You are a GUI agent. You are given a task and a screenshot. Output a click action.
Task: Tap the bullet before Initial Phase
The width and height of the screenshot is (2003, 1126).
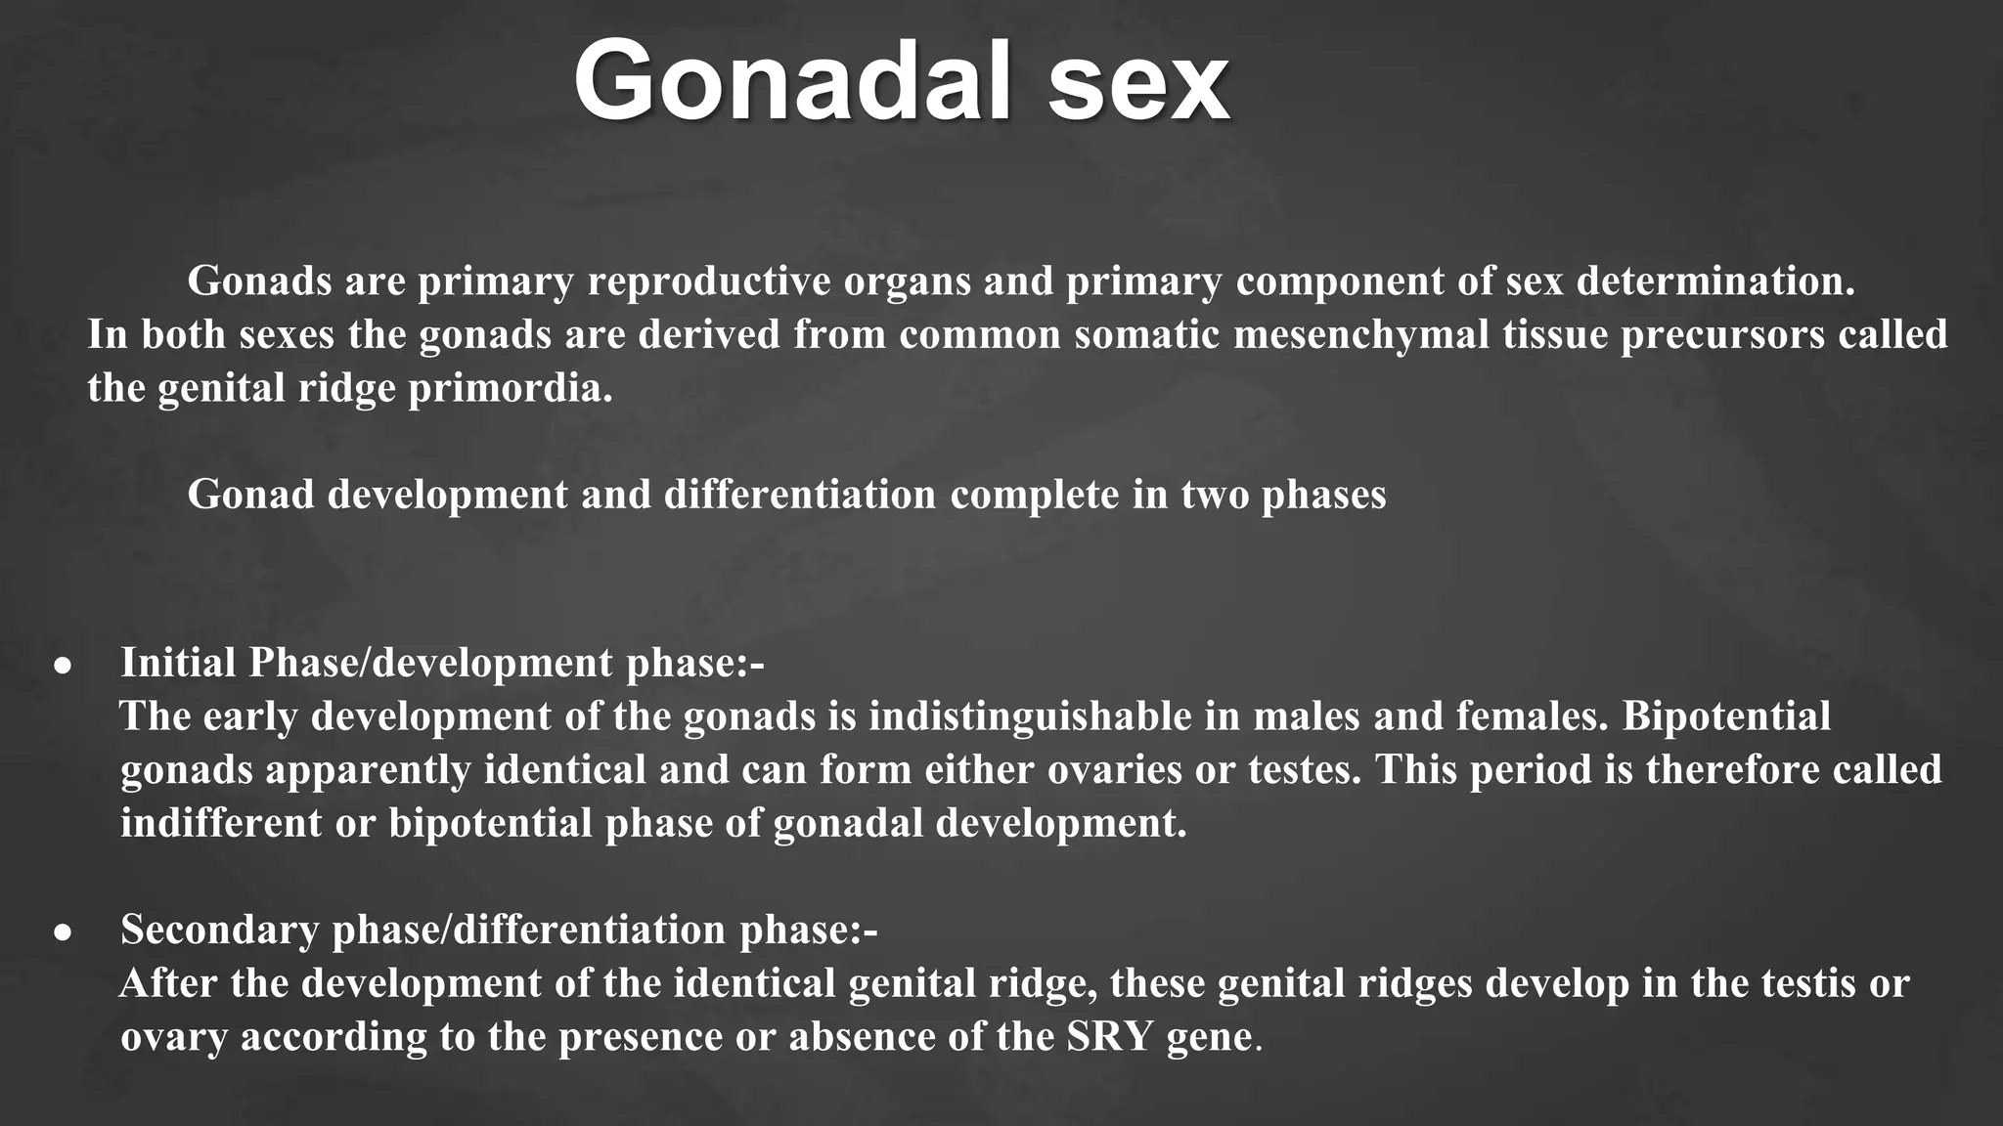pyautogui.click(x=64, y=667)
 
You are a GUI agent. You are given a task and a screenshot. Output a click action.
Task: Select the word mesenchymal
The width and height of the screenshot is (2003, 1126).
pyautogui.click(x=1360, y=335)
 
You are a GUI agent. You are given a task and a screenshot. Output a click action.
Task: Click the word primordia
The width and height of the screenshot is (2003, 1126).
pyautogui.click(x=510, y=389)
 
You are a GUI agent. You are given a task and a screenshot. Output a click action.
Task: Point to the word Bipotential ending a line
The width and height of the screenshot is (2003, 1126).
pyautogui.click(x=1726, y=716)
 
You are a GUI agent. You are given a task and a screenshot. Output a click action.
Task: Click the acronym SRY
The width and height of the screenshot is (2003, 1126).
pyautogui.click(x=1110, y=1036)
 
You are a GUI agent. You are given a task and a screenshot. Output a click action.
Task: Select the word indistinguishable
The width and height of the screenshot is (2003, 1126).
pyautogui.click(x=1030, y=716)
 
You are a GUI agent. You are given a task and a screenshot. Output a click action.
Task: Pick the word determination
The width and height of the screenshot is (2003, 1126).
pyautogui.click(x=1715, y=281)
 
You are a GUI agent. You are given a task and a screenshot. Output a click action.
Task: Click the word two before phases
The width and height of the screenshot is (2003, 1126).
pyautogui.click(x=1214, y=495)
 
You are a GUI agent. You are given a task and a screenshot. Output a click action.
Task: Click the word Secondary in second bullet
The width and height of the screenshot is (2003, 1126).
pyautogui.click(x=220, y=930)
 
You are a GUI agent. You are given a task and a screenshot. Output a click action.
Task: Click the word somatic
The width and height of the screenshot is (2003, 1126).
pyautogui.click(x=1147, y=335)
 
